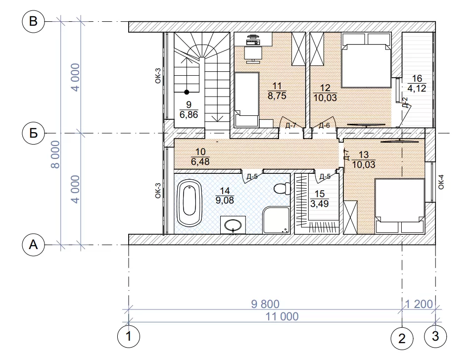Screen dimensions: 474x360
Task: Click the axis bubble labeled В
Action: point(33,21)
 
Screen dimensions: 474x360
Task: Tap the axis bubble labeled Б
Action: point(33,133)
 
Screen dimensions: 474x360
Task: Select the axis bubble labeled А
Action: point(33,245)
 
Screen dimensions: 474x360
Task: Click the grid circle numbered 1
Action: point(129,336)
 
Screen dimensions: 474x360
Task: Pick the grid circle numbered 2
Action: point(402,339)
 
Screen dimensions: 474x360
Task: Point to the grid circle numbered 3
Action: point(435,336)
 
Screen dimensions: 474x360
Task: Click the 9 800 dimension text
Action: point(265,304)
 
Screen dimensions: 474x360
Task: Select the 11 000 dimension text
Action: point(282,316)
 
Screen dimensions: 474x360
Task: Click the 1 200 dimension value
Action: point(419,304)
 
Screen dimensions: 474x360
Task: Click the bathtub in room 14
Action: point(189,203)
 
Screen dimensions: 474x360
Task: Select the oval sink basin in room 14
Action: point(233,225)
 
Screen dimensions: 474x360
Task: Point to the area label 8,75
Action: point(277,96)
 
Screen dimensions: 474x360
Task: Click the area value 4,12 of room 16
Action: point(417,88)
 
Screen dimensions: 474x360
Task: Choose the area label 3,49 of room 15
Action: point(320,204)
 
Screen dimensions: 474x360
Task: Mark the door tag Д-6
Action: point(324,125)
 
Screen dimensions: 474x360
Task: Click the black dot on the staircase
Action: point(187,92)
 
